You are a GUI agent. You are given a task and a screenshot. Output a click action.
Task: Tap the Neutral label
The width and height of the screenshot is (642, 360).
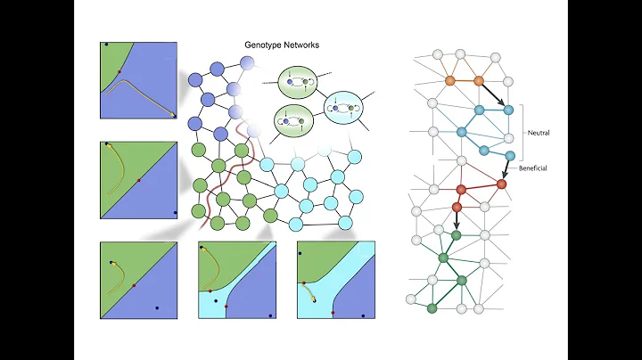(x=538, y=132)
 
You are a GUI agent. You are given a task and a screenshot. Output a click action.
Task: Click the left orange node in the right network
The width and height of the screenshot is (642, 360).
(x=451, y=80)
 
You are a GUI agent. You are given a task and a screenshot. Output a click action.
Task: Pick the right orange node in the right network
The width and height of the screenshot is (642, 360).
(x=478, y=80)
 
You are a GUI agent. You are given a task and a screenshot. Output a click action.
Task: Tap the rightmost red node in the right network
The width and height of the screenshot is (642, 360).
(x=501, y=184)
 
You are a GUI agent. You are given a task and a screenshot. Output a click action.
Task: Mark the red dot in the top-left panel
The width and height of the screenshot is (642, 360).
(x=119, y=70)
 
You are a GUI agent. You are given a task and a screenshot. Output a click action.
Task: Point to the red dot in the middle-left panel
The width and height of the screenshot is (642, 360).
(x=138, y=180)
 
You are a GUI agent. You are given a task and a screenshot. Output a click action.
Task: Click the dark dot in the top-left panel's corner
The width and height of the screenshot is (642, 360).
(x=106, y=44)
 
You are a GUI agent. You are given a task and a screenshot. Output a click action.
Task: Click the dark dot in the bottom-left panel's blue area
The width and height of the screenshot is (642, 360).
(x=157, y=308)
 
